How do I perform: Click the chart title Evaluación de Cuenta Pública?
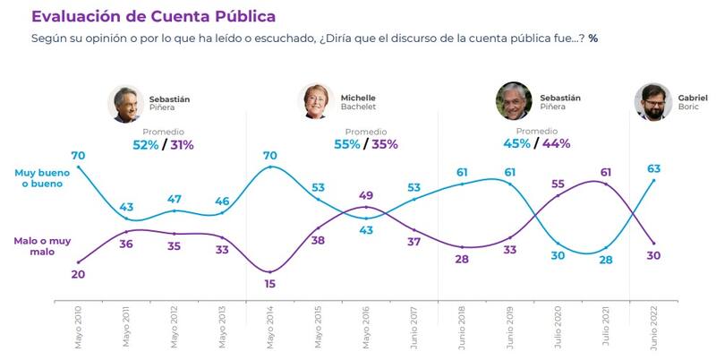pos(153,17)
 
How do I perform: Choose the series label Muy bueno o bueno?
pos(38,178)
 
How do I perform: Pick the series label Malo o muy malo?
pos(38,246)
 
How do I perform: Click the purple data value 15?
pos(271,285)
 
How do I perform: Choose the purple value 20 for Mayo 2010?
pos(79,274)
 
